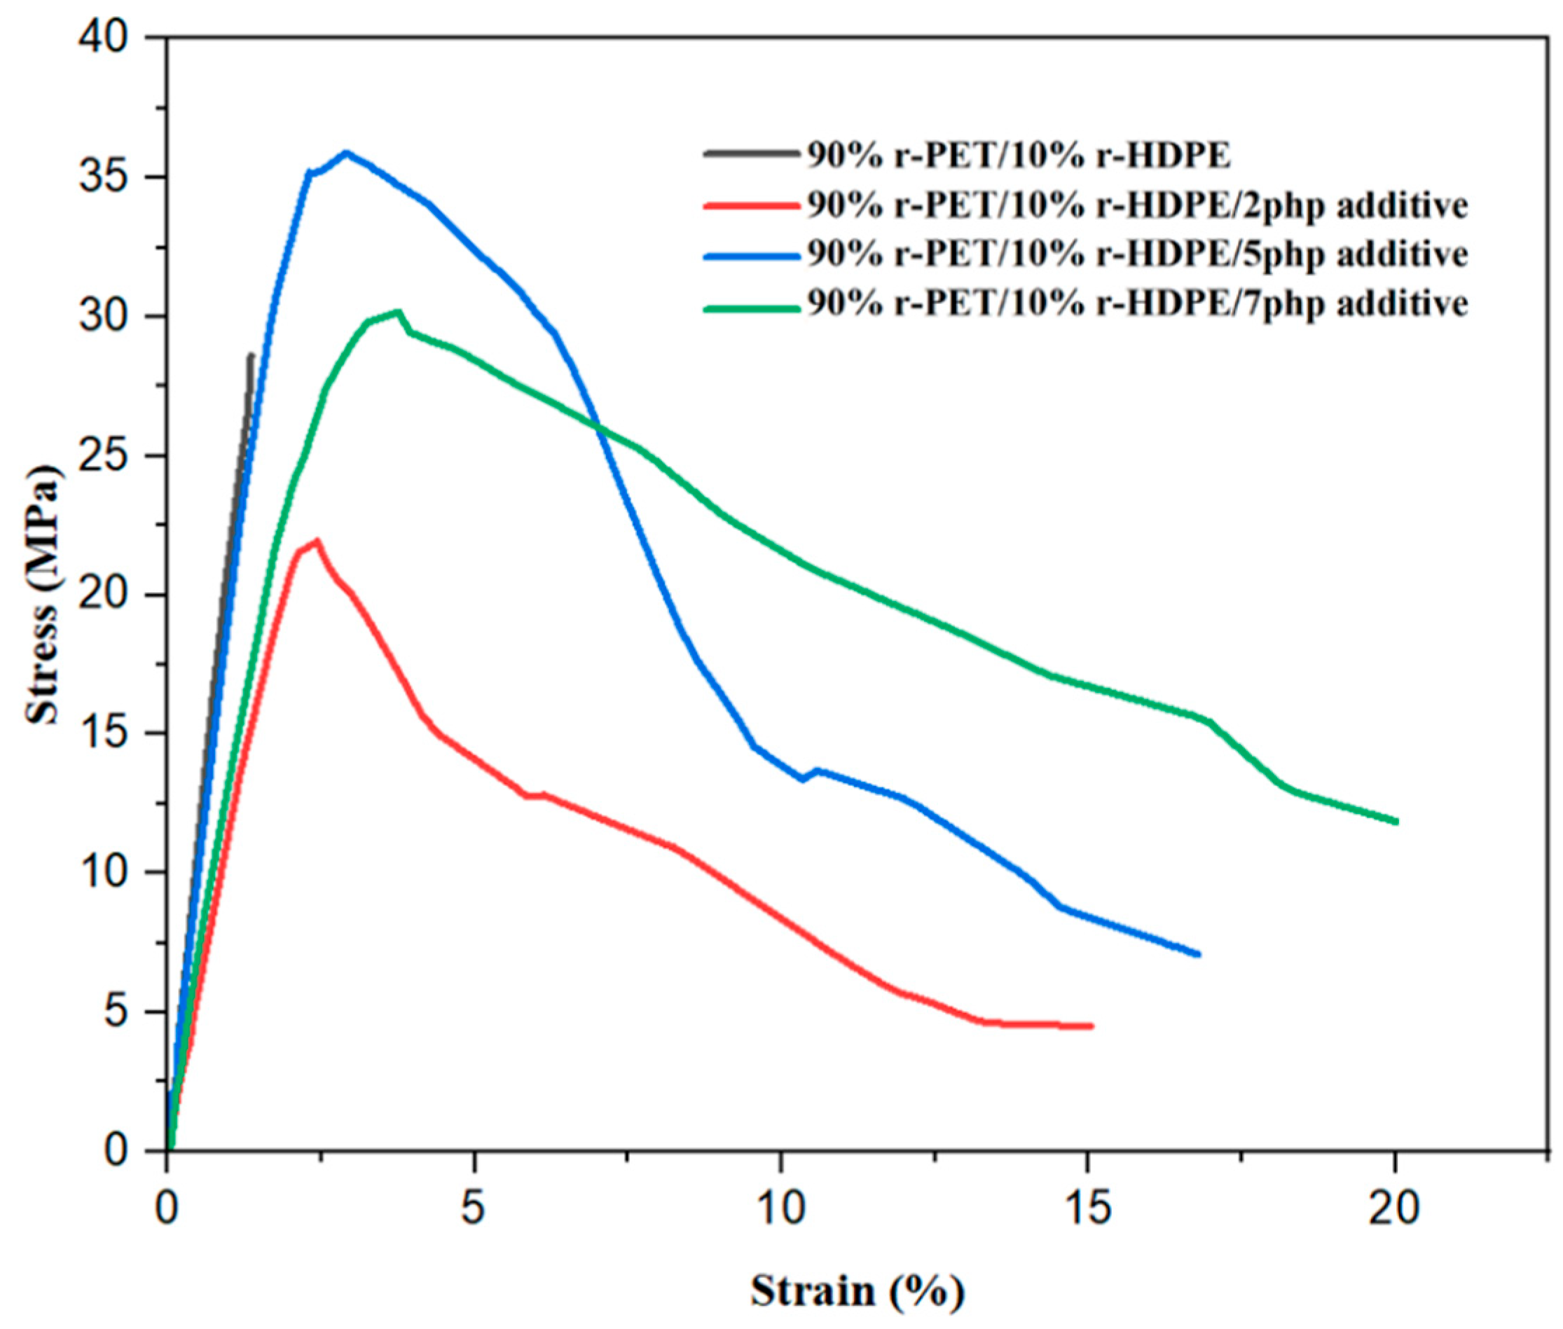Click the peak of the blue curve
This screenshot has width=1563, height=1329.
[x=346, y=153]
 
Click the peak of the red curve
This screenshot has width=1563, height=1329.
[x=317, y=541]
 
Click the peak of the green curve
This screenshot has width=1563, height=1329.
[x=398, y=311]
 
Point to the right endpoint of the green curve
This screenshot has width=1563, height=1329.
[x=1395, y=821]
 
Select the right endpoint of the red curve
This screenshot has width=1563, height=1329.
[x=1090, y=1026]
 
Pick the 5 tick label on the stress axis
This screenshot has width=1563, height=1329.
[x=117, y=1012]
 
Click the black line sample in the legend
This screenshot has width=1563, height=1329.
[x=751, y=153]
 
